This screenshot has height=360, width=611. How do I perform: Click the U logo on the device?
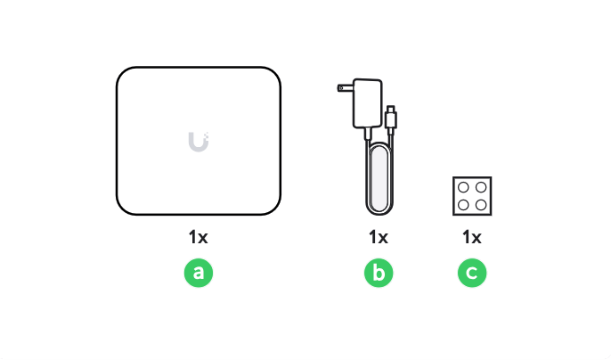click(199, 142)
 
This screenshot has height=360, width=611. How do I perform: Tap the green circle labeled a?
click(199, 273)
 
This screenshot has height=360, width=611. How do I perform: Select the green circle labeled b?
click(379, 273)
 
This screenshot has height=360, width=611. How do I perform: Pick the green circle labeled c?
click(472, 273)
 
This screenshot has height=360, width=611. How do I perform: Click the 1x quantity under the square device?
click(199, 237)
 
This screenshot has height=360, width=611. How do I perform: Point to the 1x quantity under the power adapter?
click(379, 237)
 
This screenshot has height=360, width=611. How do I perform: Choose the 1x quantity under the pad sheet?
click(472, 237)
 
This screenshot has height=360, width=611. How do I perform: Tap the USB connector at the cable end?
click(391, 117)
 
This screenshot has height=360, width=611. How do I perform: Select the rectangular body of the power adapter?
click(368, 103)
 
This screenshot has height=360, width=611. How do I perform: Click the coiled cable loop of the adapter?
click(379, 178)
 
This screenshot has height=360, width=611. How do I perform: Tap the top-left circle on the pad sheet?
click(463, 188)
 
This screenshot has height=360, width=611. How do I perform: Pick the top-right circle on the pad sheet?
click(481, 188)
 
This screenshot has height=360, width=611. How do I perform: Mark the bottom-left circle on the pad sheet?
click(463, 205)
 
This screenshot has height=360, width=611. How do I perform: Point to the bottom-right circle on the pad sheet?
click(481, 205)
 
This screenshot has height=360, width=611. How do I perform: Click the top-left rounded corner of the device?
click(122, 73)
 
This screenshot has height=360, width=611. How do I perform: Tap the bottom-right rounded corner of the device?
click(274, 209)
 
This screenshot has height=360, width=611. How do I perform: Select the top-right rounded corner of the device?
click(274, 73)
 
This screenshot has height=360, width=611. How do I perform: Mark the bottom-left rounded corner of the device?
click(122, 209)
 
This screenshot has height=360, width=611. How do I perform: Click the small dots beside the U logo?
click(207, 136)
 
